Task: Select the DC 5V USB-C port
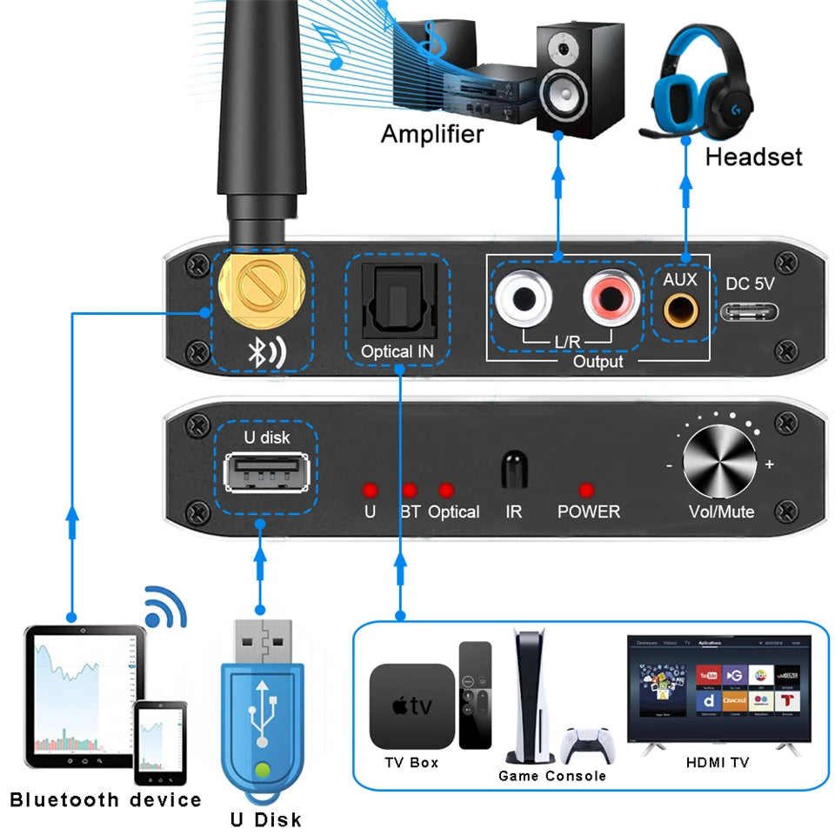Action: point(749,311)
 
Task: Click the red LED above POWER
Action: point(587,490)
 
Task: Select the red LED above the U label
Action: point(370,489)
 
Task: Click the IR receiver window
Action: point(513,469)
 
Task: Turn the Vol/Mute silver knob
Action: point(719,463)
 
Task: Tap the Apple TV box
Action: point(411,707)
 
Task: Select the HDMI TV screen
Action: point(718,687)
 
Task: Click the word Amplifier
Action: point(432,134)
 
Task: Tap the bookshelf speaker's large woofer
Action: point(565,96)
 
